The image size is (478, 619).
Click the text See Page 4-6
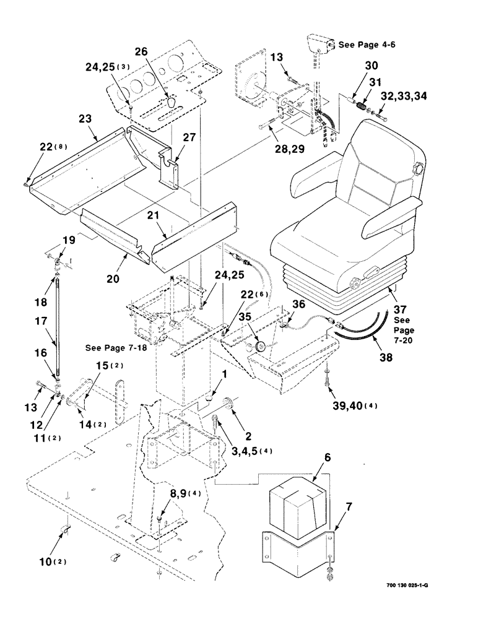click(x=357, y=45)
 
